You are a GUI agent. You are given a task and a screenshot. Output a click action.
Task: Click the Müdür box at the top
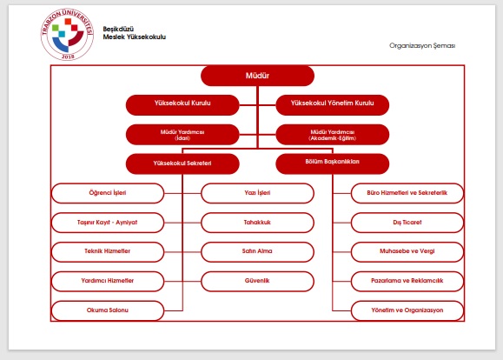coord(257,76)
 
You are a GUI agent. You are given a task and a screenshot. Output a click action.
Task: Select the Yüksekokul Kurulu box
coord(182,105)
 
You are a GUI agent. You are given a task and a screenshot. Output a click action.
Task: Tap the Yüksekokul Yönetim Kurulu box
coord(333,105)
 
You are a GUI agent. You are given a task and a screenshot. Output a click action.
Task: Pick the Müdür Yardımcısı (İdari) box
coord(182,135)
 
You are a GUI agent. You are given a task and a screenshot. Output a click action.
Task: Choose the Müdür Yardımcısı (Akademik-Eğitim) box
coord(333,135)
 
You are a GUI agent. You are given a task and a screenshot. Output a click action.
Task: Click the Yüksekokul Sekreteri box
coord(182,163)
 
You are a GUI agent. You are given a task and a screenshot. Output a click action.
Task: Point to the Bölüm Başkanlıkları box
coord(333,163)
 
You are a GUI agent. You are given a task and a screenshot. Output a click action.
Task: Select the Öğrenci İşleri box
coord(108,193)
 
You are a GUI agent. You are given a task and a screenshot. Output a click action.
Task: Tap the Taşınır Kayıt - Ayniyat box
coord(108,223)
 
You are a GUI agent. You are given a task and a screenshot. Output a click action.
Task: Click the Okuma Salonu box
coord(108,310)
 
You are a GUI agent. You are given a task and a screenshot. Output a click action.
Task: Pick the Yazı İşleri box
coord(257,193)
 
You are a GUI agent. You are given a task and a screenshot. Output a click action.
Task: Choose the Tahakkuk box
coord(257,223)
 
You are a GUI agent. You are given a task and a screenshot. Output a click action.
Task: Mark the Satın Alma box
coord(257,252)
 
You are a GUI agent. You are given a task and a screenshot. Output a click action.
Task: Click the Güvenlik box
coord(257,282)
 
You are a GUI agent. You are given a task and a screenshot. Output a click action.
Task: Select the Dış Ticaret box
coord(407,223)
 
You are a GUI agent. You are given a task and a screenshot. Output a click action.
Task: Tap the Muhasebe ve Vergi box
coord(407,252)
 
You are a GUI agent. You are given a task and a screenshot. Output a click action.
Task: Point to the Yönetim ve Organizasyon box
coord(407,310)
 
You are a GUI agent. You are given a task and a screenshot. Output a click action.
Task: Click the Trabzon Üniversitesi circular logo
coord(68,35)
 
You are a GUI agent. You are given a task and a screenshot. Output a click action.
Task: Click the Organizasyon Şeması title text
coord(422,45)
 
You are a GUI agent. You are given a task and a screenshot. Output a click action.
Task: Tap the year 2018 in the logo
coord(68,57)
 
